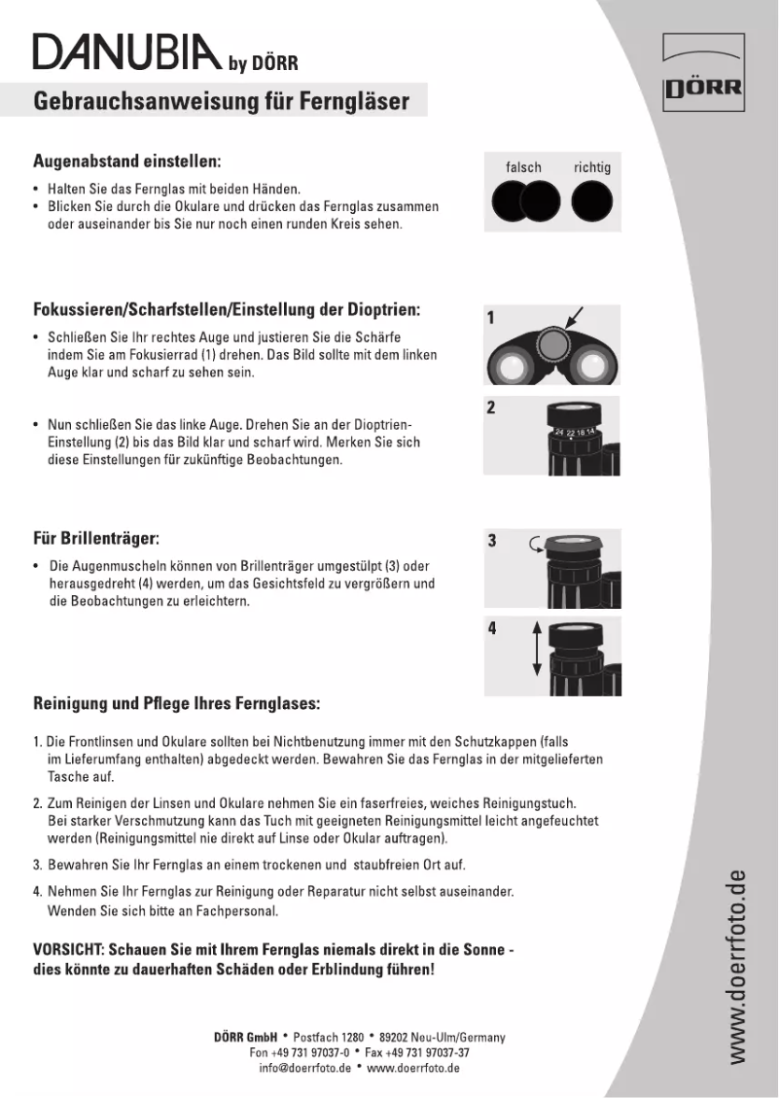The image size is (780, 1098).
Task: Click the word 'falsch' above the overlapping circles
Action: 523,167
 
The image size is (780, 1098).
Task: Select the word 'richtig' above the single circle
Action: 592,167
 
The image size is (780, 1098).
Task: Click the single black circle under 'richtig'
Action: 592,202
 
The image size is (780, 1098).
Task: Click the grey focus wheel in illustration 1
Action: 552,342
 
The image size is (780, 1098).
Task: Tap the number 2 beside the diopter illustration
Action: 492,407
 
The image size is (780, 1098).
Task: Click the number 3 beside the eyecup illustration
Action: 492,540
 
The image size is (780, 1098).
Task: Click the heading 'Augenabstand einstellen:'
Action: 127,159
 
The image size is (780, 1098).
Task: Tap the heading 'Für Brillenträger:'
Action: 96,538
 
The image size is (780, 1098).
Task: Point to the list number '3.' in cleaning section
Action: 37,865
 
